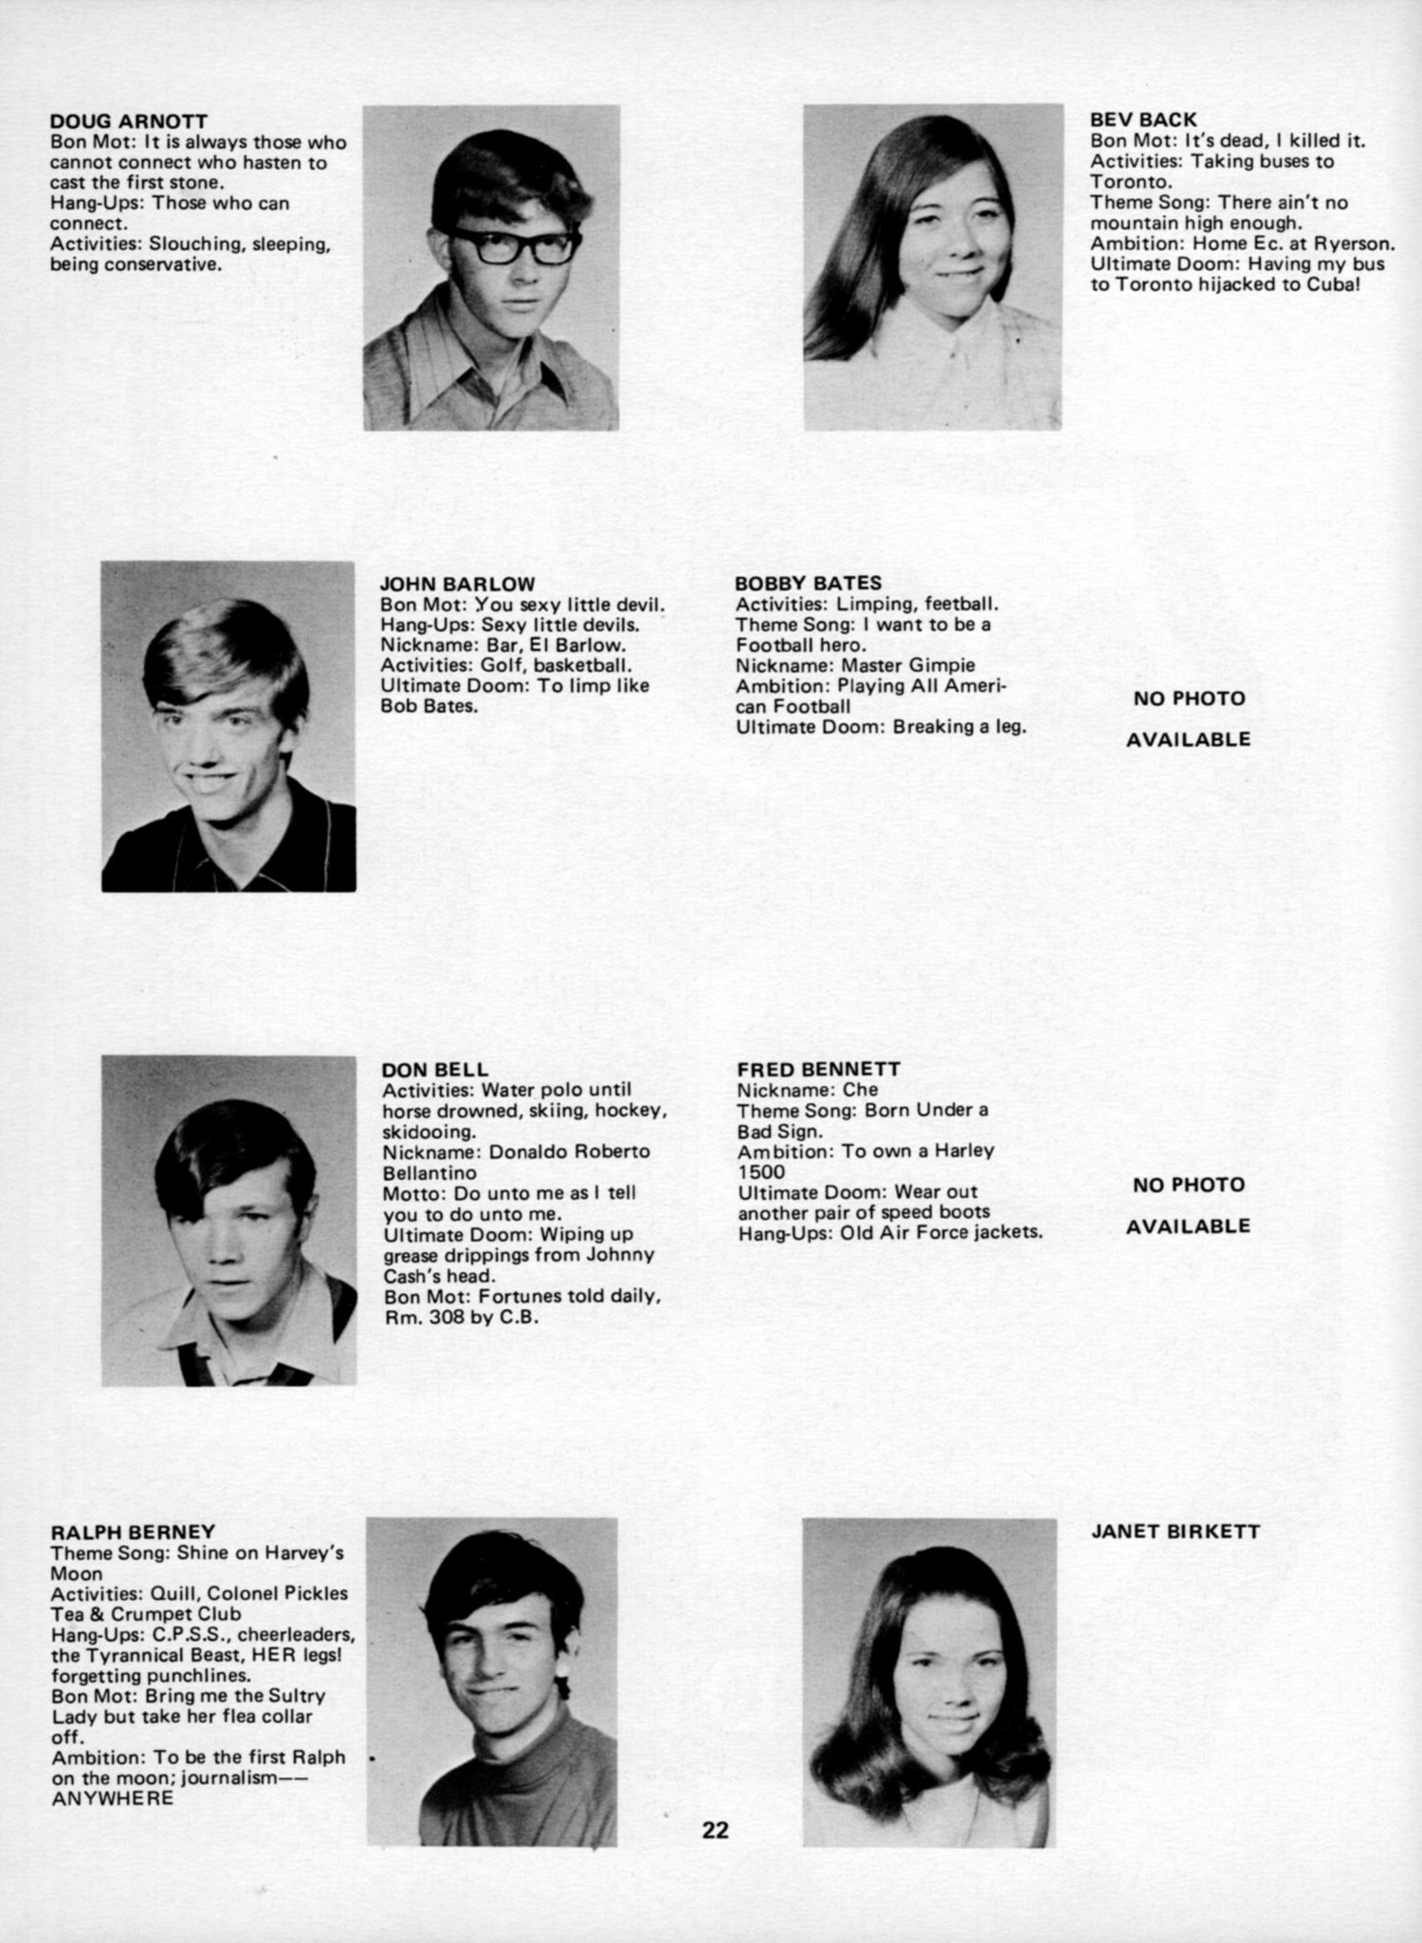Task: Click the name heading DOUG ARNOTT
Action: (128, 121)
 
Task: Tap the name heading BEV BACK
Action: (1143, 119)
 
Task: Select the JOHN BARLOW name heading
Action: (458, 584)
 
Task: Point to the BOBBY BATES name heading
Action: (808, 583)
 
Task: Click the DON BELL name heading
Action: (435, 1070)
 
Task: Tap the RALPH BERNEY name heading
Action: (133, 1532)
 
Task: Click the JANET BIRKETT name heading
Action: (1176, 1532)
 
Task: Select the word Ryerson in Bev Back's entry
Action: (1355, 244)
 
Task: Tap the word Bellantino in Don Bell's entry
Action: (429, 1172)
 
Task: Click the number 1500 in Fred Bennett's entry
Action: (761, 1171)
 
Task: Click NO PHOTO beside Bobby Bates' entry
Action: (1189, 699)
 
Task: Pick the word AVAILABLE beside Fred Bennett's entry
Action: (1188, 1226)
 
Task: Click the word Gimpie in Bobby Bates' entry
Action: (942, 665)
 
